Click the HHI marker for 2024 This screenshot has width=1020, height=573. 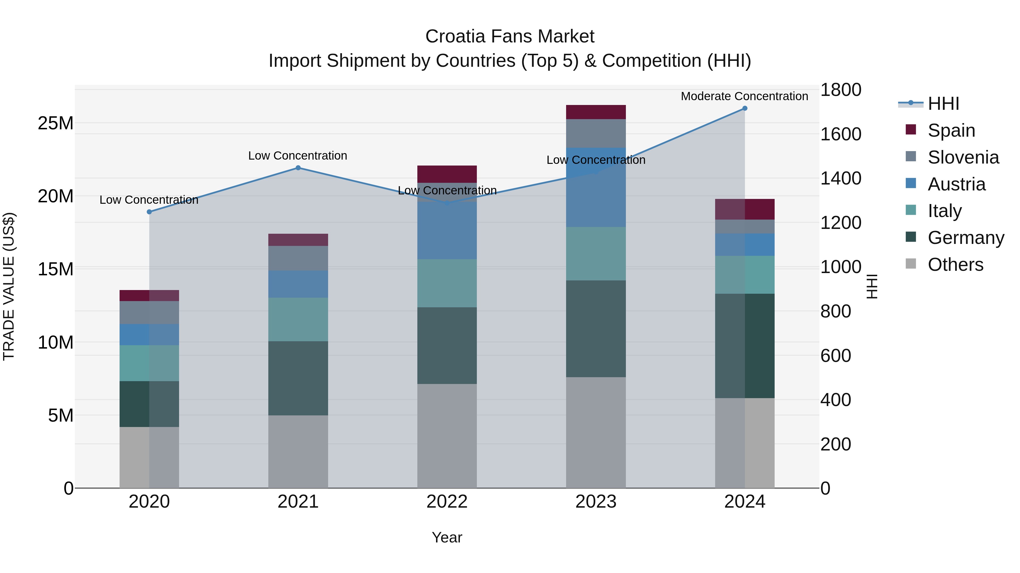[744, 108]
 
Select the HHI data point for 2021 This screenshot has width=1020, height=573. [298, 168]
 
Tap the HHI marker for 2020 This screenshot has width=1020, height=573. [149, 212]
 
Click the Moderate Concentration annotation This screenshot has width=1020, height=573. [744, 96]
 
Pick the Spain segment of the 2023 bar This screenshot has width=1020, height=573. [596, 112]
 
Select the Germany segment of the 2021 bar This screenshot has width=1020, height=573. [298, 378]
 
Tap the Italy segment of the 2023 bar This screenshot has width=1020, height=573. [596, 254]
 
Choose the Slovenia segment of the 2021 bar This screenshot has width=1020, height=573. [298, 258]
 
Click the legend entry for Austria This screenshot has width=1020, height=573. [956, 184]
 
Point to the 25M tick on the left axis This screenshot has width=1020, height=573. [56, 123]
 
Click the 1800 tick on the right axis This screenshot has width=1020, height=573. [840, 90]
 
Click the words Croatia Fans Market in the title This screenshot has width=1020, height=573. [510, 37]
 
